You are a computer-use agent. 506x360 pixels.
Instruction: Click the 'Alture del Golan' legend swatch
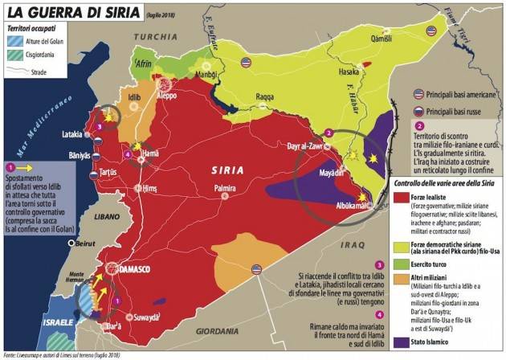pyautogui.click(x=16, y=38)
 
